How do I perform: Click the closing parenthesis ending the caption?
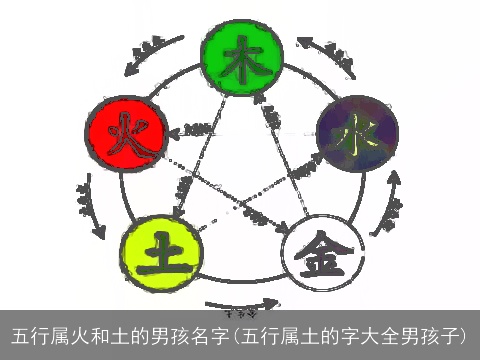point(467,334)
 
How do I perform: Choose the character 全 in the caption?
point(384,334)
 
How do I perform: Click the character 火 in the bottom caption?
point(79,334)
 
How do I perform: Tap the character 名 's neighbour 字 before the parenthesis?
point(212,334)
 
